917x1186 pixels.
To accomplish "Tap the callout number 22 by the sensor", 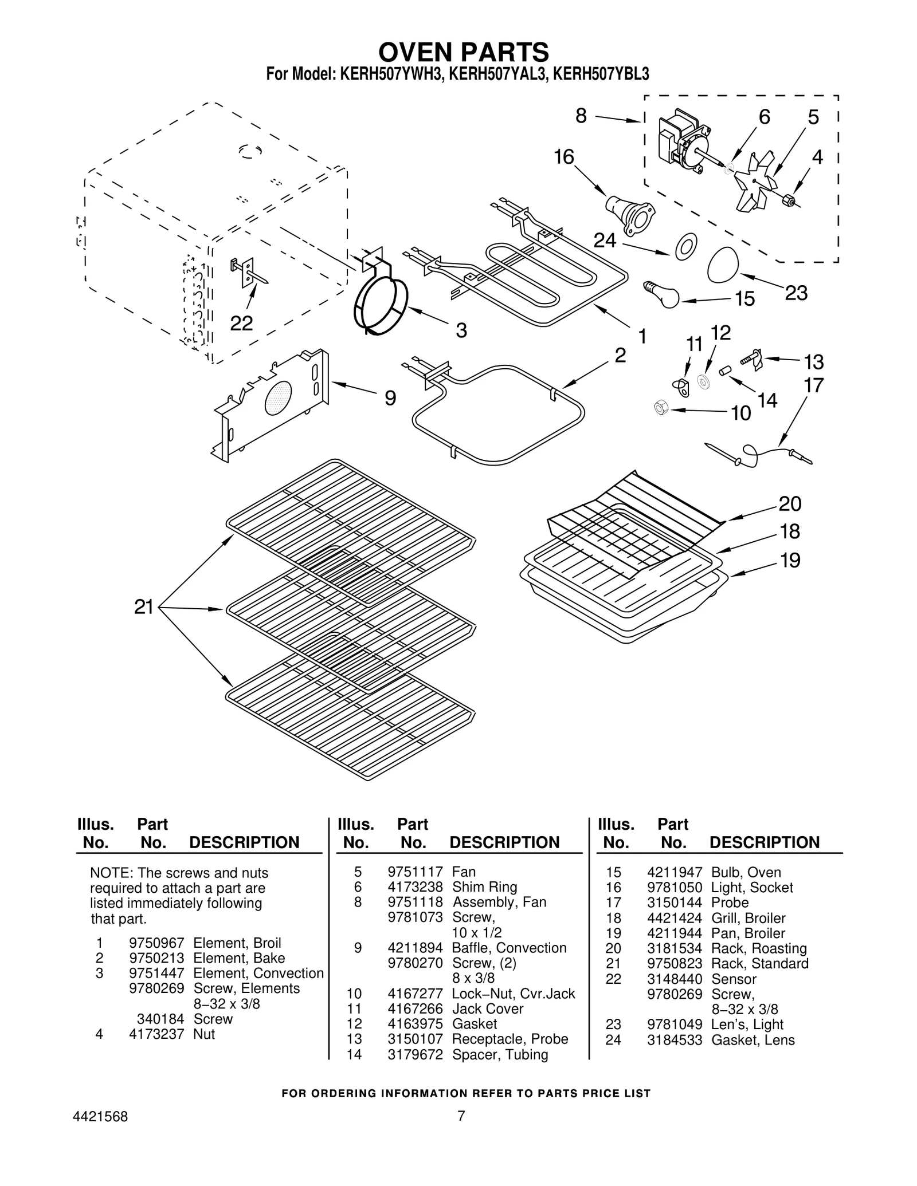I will point(241,324).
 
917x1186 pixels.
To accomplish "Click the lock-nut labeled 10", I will point(661,408).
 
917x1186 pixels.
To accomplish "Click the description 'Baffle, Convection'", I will point(509,948).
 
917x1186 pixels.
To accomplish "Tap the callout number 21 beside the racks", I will point(144,606).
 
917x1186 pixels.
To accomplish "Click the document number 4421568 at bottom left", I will point(100,1117).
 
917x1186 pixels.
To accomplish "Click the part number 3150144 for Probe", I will point(674,903).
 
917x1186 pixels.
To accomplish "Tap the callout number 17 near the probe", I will point(813,385).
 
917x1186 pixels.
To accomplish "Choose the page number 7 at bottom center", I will point(461,1116).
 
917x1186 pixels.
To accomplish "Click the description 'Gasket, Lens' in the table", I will point(753,1040).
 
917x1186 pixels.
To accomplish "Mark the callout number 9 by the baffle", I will point(390,398).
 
